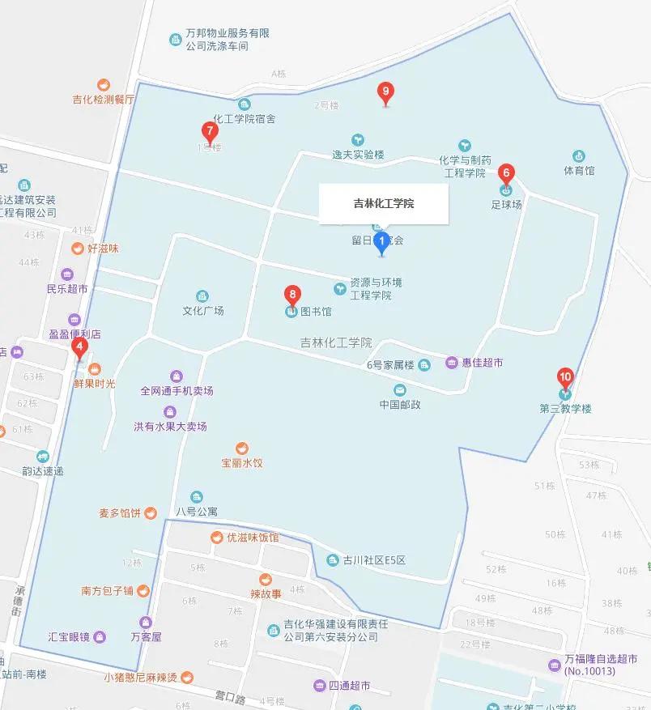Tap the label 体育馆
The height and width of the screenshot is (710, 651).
[x=579, y=171]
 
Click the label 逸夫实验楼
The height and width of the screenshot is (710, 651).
[x=358, y=154]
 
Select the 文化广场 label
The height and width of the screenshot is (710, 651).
[x=202, y=310]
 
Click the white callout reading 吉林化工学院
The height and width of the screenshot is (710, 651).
[x=383, y=204]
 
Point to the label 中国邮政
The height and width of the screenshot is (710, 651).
[x=400, y=404]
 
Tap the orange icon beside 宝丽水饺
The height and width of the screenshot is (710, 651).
[x=241, y=448]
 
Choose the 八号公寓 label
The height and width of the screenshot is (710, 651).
[x=197, y=511]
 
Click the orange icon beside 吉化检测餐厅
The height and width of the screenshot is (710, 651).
[x=104, y=85]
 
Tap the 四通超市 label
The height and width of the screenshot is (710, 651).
[x=349, y=686]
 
